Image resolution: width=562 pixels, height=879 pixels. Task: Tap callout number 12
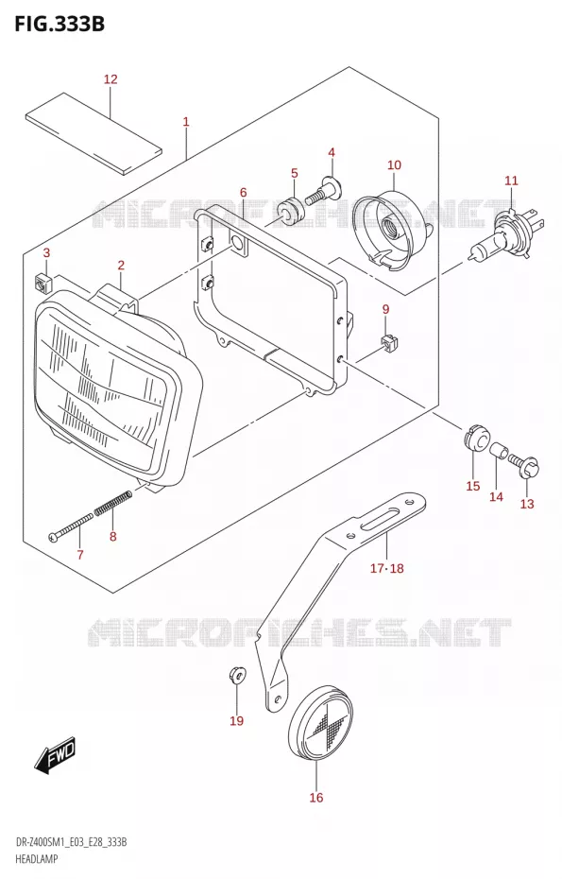tap(111, 79)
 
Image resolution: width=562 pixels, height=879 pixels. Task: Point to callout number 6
tap(243, 193)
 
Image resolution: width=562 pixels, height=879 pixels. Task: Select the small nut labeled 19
tap(236, 675)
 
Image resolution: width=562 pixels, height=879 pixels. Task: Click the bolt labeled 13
tap(524, 465)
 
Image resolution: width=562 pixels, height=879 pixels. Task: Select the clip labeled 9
tap(387, 343)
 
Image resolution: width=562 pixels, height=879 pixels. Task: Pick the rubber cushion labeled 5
tap(290, 209)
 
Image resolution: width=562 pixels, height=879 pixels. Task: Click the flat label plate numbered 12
tap(94, 134)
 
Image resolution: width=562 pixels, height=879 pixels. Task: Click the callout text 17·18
tap(386, 568)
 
